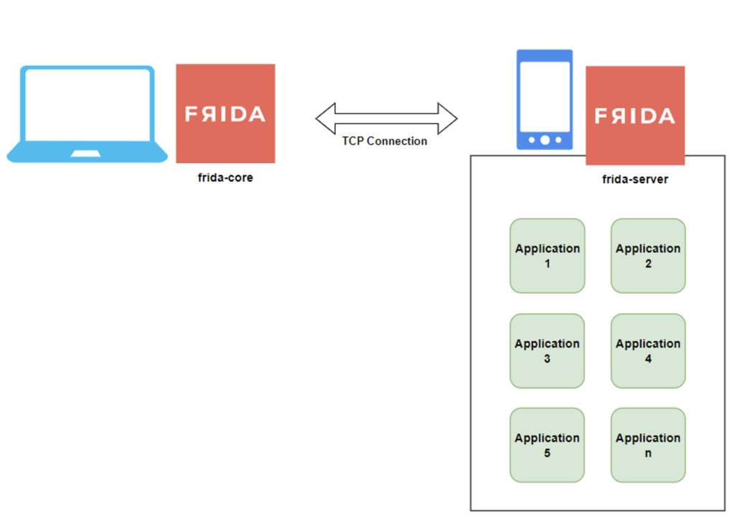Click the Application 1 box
(547, 256)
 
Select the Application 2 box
(648, 256)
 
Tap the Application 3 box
(547, 350)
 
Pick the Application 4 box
(648, 350)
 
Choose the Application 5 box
(547, 445)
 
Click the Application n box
(648, 445)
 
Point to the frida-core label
(225, 177)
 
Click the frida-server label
(635, 180)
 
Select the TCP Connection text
(385, 141)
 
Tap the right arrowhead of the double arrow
(447, 119)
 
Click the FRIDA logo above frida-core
(225, 113)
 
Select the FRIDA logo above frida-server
(635, 116)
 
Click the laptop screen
(87, 104)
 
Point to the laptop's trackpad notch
(87, 153)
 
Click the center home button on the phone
(545, 140)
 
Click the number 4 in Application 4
(648, 358)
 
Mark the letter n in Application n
(648, 453)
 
